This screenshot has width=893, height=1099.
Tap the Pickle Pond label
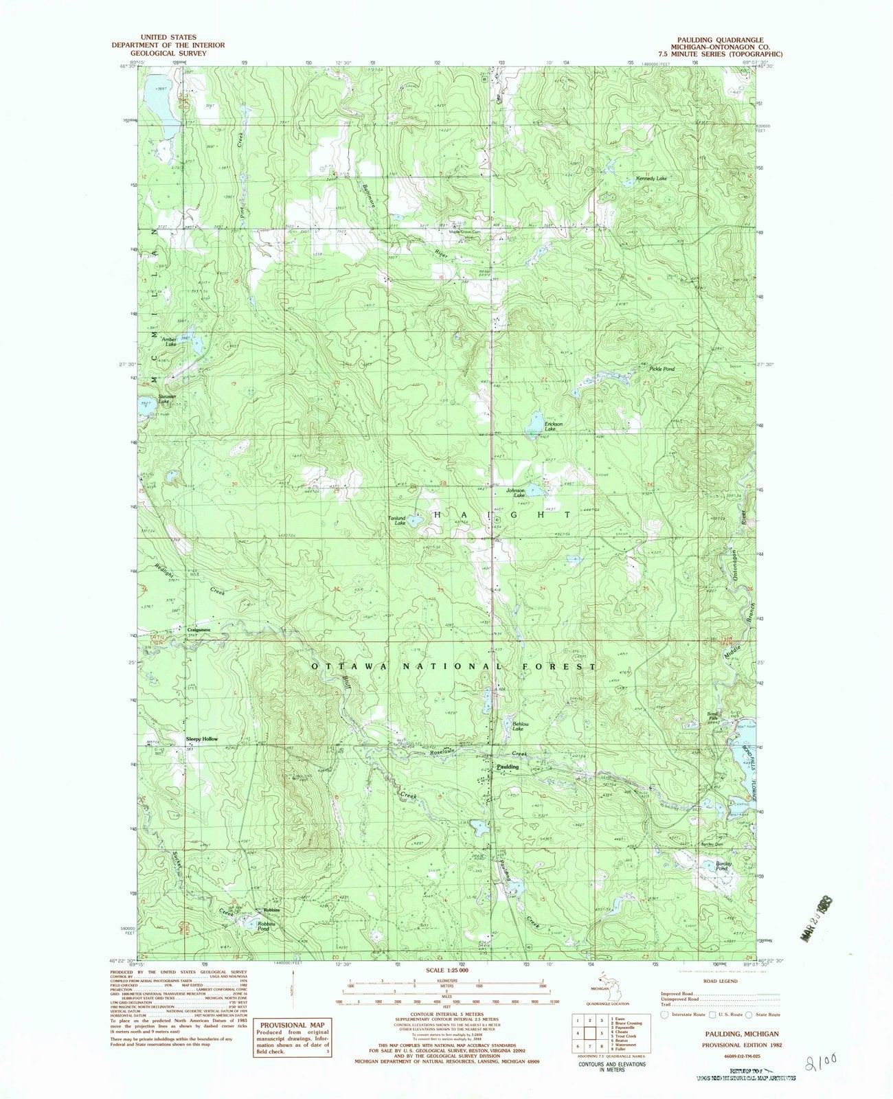[x=662, y=369]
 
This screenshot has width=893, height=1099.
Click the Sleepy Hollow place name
[x=202, y=739]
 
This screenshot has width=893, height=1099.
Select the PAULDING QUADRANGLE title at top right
[x=719, y=40]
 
